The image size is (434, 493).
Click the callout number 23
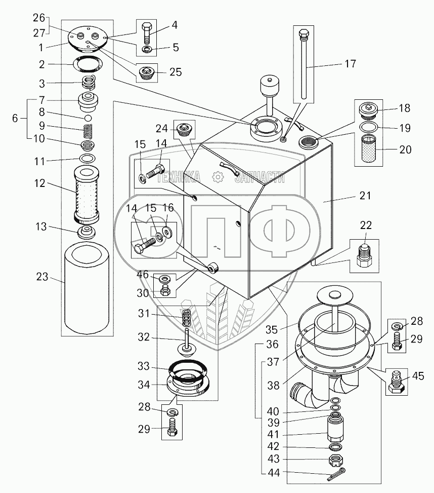coord(42,277)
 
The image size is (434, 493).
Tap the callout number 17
coord(350,63)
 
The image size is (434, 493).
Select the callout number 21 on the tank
coord(365,196)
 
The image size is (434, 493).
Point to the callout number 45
coord(418,376)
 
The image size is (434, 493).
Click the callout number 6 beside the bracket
coord(15,118)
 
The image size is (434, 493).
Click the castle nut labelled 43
coord(335,460)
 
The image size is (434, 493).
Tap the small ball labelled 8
coord(89,118)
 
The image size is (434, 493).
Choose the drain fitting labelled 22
coord(364,255)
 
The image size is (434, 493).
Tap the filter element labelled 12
coord(86,194)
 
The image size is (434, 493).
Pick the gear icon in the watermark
coord(217,177)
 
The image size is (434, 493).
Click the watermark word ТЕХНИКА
coord(178,177)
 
